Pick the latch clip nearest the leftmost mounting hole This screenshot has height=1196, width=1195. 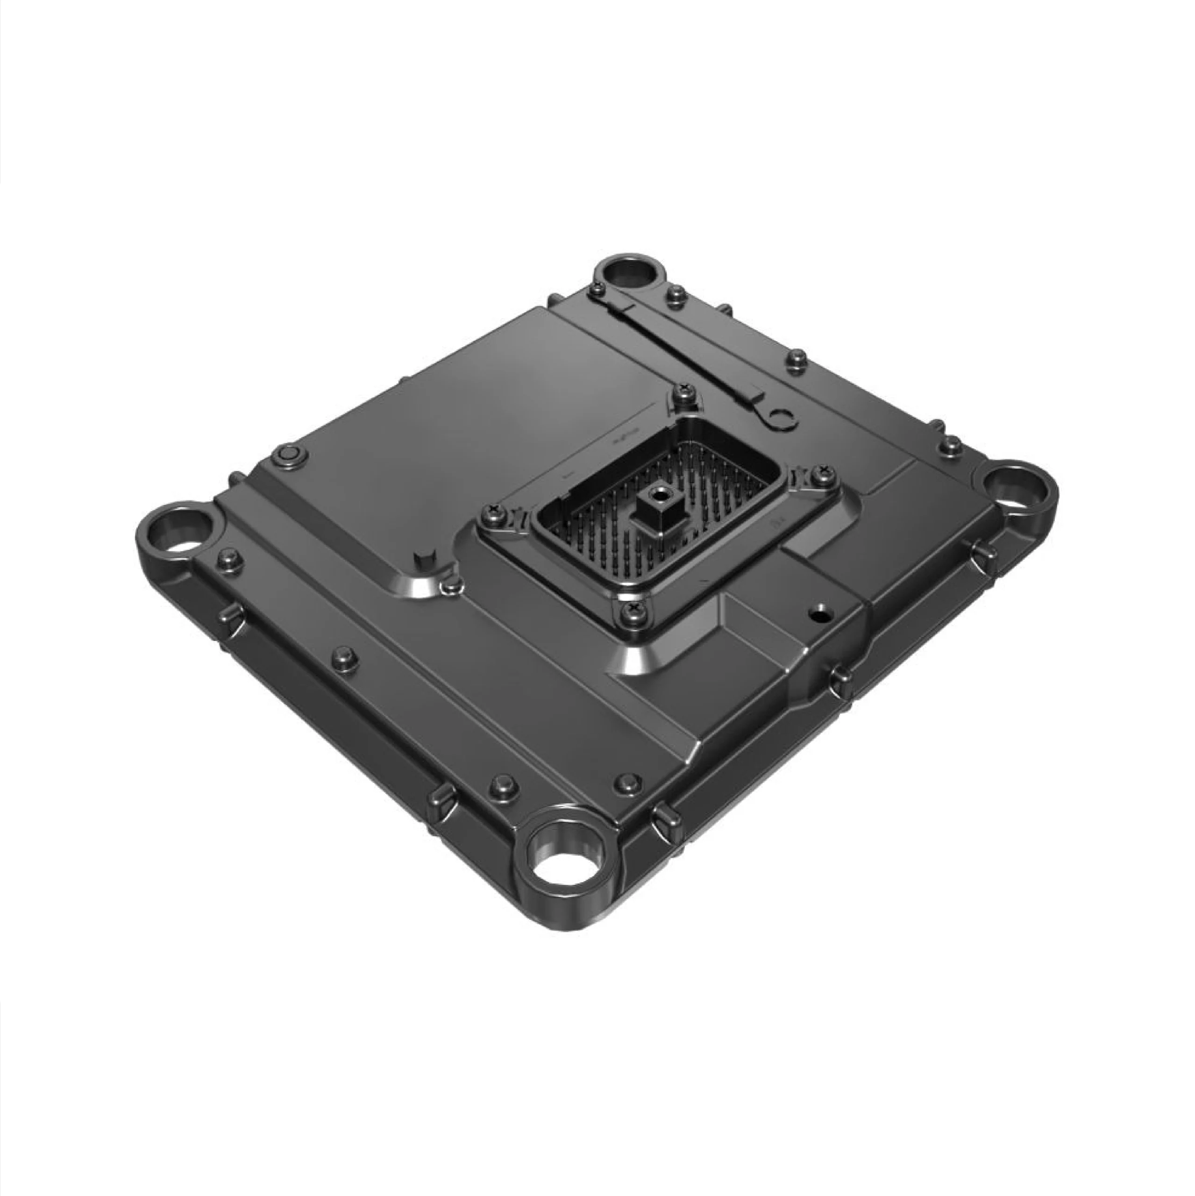230,616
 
